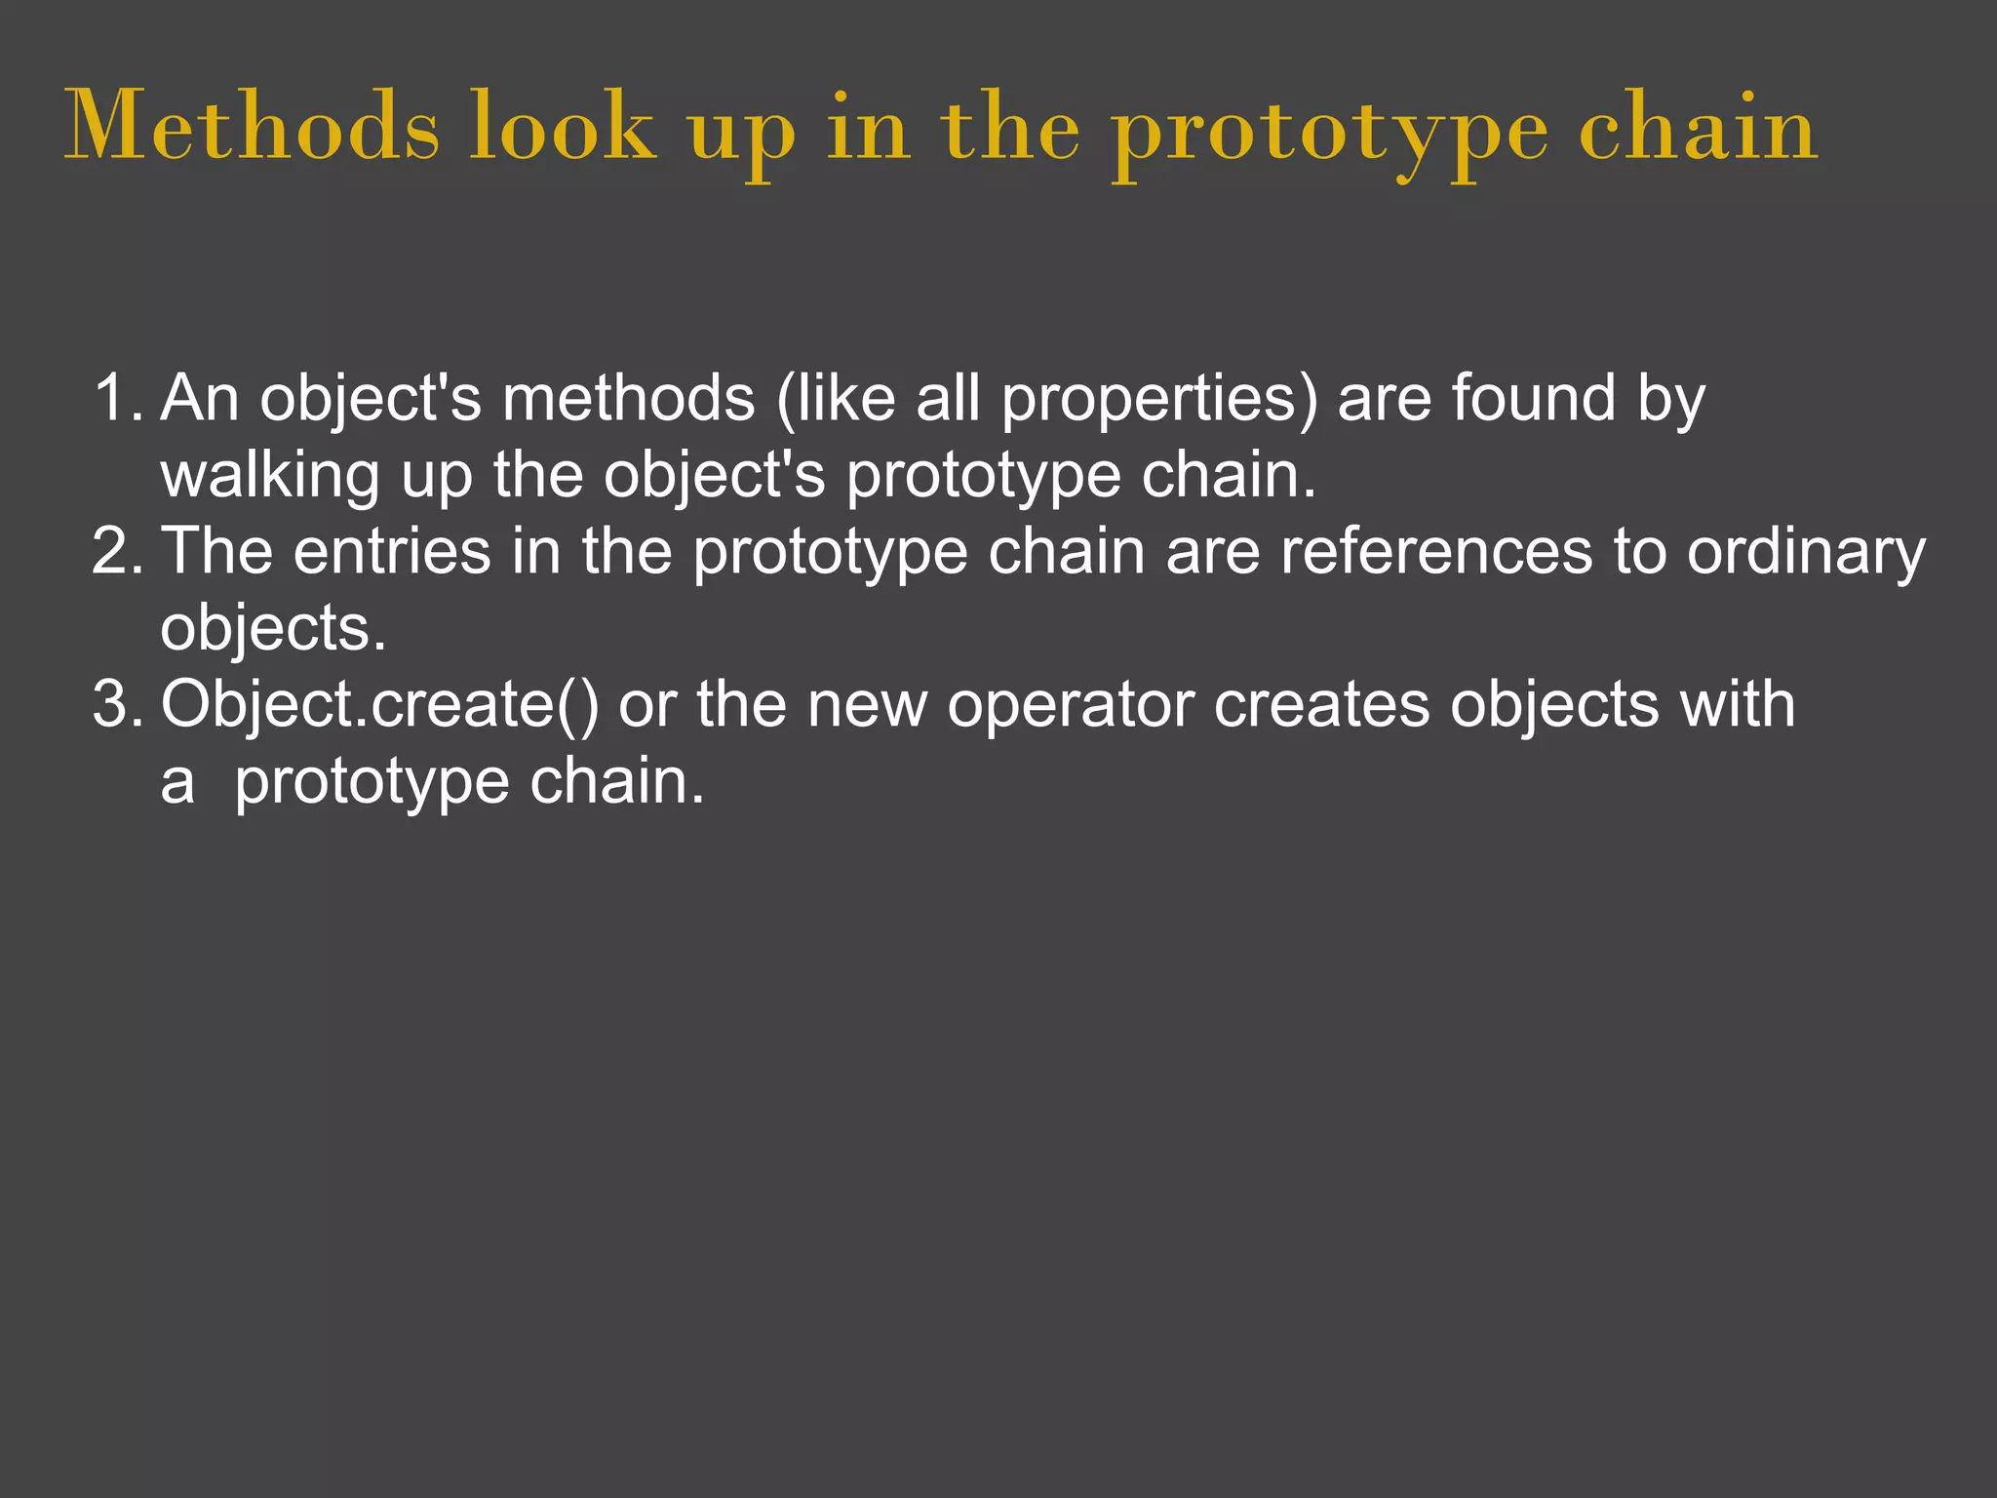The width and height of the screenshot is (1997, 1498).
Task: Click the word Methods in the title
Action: (x=252, y=127)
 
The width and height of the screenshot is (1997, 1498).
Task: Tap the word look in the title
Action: (x=563, y=127)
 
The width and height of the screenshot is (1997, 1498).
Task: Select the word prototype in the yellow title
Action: (x=1331, y=131)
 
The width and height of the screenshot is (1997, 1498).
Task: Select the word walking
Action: (x=270, y=476)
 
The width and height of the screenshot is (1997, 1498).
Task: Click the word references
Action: (x=1436, y=551)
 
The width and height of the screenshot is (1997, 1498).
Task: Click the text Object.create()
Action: (x=380, y=704)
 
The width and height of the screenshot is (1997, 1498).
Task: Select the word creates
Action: (x=1321, y=704)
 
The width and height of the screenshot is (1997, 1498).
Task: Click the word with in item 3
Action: (x=1737, y=704)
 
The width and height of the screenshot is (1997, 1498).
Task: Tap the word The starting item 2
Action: (x=216, y=551)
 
